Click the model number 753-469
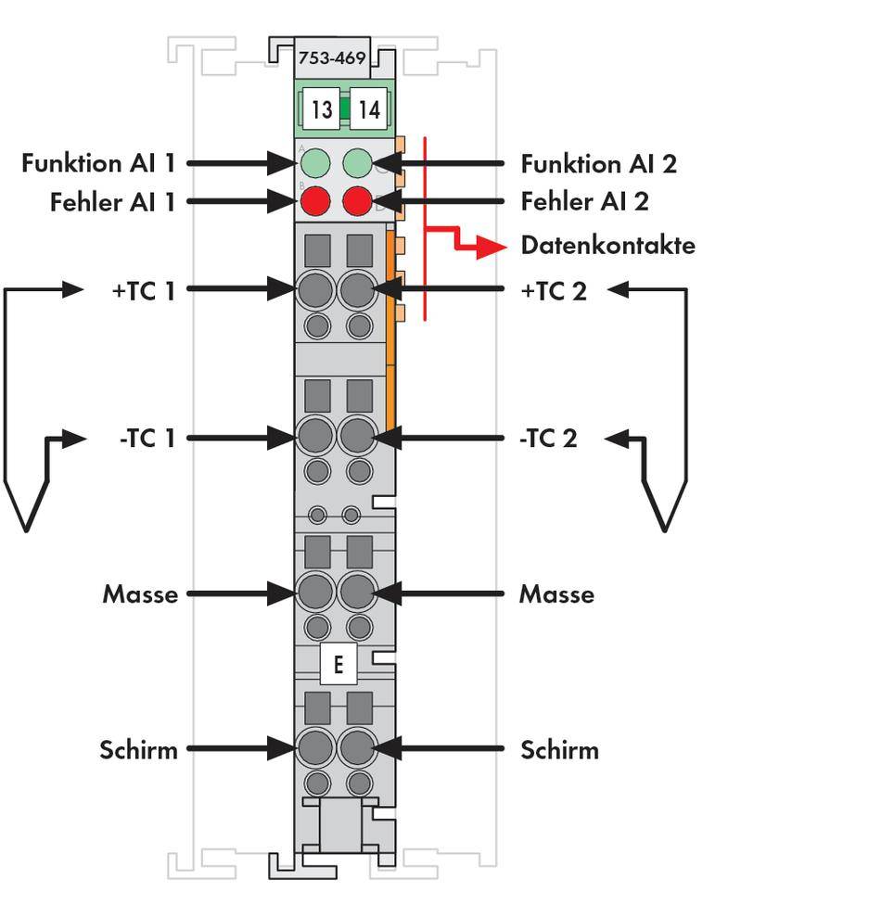(x=331, y=57)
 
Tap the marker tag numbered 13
(x=321, y=109)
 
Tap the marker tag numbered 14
(x=368, y=109)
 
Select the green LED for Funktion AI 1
(x=316, y=164)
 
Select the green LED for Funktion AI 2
(x=357, y=164)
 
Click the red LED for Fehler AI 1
(x=316, y=201)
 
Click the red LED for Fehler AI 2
(x=357, y=201)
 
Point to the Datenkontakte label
(x=607, y=246)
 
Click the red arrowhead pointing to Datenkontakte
(x=492, y=247)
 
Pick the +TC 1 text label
(x=143, y=290)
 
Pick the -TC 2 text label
(x=548, y=439)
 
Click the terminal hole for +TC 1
(x=316, y=290)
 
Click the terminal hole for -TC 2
(x=357, y=436)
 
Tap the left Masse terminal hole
(x=316, y=592)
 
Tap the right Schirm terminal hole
(x=357, y=747)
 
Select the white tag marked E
(x=338, y=664)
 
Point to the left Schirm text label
(x=138, y=749)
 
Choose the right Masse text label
(x=556, y=593)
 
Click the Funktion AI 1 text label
(x=98, y=164)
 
